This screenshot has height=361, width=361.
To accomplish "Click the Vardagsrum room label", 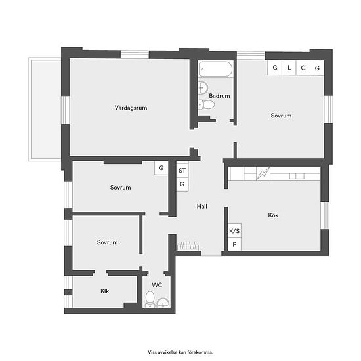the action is [x=131, y=108].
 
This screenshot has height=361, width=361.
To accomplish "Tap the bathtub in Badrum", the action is [x=215, y=69].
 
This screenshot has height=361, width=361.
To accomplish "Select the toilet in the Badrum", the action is [x=206, y=105].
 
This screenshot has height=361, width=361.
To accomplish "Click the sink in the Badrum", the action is [x=203, y=87].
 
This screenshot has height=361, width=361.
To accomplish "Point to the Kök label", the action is [x=273, y=215].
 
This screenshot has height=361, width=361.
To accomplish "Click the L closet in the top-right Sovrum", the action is [x=289, y=68].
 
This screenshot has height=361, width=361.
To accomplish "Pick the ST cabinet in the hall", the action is [x=182, y=171].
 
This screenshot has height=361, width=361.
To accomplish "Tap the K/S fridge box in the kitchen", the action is [x=234, y=231].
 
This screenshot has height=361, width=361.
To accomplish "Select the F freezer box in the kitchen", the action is [x=234, y=245].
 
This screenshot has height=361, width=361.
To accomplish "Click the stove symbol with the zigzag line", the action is [x=263, y=173].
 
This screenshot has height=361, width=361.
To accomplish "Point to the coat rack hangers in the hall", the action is [x=188, y=245].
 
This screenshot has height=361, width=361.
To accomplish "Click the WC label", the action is [x=157, y=285].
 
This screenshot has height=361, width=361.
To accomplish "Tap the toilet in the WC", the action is [x=150, y=299].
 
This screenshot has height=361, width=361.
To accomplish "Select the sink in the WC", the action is [x=163, y=303].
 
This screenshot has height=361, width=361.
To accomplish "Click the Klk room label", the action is [x=105, y=291].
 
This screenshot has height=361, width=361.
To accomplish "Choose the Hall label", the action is [x=202, y=206].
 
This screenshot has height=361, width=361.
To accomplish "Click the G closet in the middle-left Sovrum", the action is [x=161, y=168].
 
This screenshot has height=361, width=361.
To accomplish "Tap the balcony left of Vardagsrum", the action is [x=45, y=109].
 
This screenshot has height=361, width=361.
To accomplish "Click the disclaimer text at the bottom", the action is [x=180, y=352].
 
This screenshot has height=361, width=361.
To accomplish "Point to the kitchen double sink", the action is [x=297, y=176].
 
